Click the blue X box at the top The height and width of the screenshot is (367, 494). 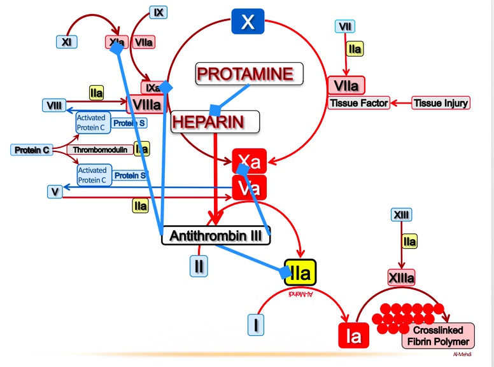(248, 23)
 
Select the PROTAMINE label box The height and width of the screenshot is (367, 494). (249, 73)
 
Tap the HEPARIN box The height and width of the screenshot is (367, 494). (215, 121)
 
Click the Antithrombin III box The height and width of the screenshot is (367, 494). (216, 235)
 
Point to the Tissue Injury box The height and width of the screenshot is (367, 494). (441, 102)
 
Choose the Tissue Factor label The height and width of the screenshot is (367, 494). (358, 102)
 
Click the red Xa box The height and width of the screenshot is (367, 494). (249, 162)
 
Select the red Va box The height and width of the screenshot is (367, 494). (249, 188)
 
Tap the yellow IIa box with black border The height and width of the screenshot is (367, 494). (300, 274)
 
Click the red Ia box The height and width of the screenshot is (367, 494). (352, 335)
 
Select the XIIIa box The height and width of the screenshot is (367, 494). (401, 277)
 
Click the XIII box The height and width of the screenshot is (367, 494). (401, 215)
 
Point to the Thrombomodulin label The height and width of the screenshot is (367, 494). (99, 149)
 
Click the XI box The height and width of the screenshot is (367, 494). (67, 42)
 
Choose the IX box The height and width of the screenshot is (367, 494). (159, 11)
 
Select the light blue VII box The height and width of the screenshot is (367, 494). (345, 26)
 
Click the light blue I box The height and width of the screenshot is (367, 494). (256, 325)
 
